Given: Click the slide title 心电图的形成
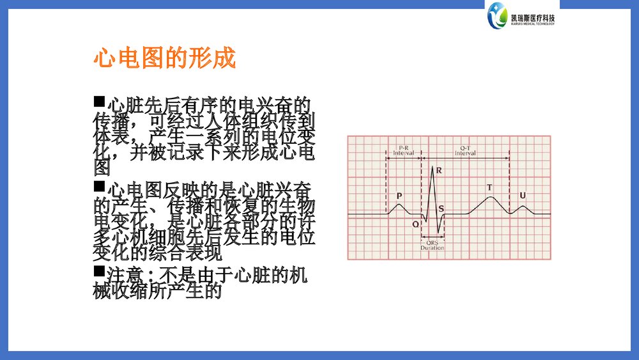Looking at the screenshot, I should tap(165, 59).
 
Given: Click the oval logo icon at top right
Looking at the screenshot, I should tap(496, 15).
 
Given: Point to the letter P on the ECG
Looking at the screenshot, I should tap(399, 196).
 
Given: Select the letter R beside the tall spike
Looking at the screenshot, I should tap(440, 171).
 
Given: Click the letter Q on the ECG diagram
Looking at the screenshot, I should tap(416, 224).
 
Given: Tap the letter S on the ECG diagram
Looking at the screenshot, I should tap(442, 208).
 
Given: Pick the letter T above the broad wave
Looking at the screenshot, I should tap(489, 187).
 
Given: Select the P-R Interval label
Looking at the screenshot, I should tap(403, 151).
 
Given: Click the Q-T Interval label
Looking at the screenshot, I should tap(465, 151).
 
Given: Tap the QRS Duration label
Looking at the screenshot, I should tap(433, 245).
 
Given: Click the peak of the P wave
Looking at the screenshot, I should tap(399, 205).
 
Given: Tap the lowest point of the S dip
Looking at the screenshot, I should tap(438, 234).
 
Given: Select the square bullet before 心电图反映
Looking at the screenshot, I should tap(98, 187).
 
